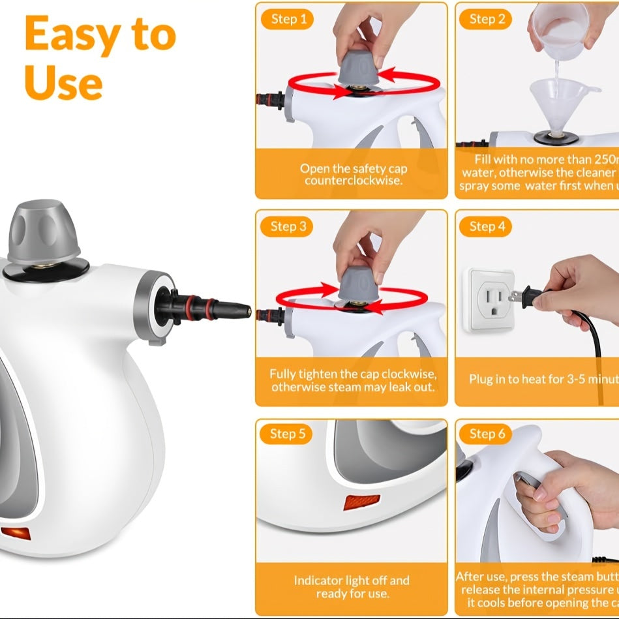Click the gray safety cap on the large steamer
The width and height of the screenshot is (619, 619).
pos(44,230)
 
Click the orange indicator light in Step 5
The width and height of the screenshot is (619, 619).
pos(361,502)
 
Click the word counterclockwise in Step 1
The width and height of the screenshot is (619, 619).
pos(352,180)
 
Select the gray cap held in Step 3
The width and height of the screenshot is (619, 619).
pos(357,284)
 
